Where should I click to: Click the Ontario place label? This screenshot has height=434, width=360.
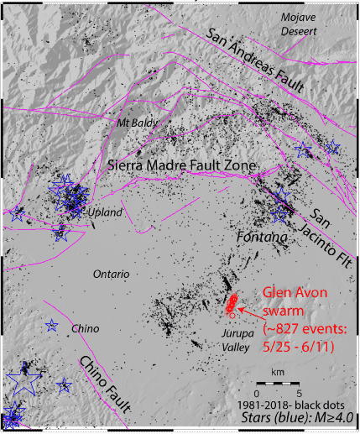click(110, 274)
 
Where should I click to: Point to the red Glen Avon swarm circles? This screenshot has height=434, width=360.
click(232, 304)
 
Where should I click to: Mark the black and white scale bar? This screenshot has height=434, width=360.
click(278, 383)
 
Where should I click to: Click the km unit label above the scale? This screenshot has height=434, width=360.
click(278, 370)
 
